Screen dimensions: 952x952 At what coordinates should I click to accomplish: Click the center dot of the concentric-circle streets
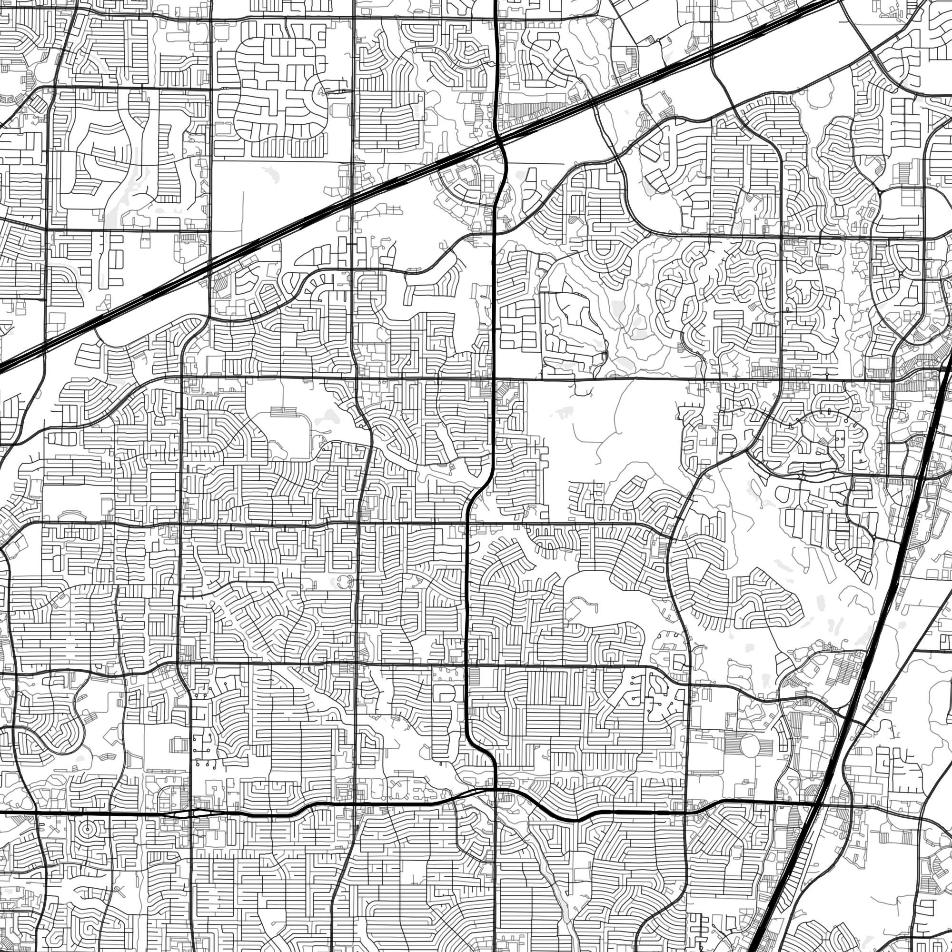click(87, 829)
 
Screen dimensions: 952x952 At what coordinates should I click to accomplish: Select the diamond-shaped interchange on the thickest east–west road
click(190, 813)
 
